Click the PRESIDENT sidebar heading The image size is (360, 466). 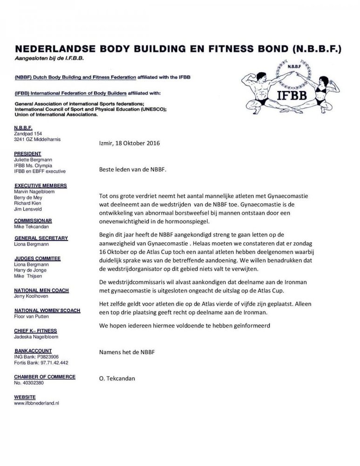tap(27, 153)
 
